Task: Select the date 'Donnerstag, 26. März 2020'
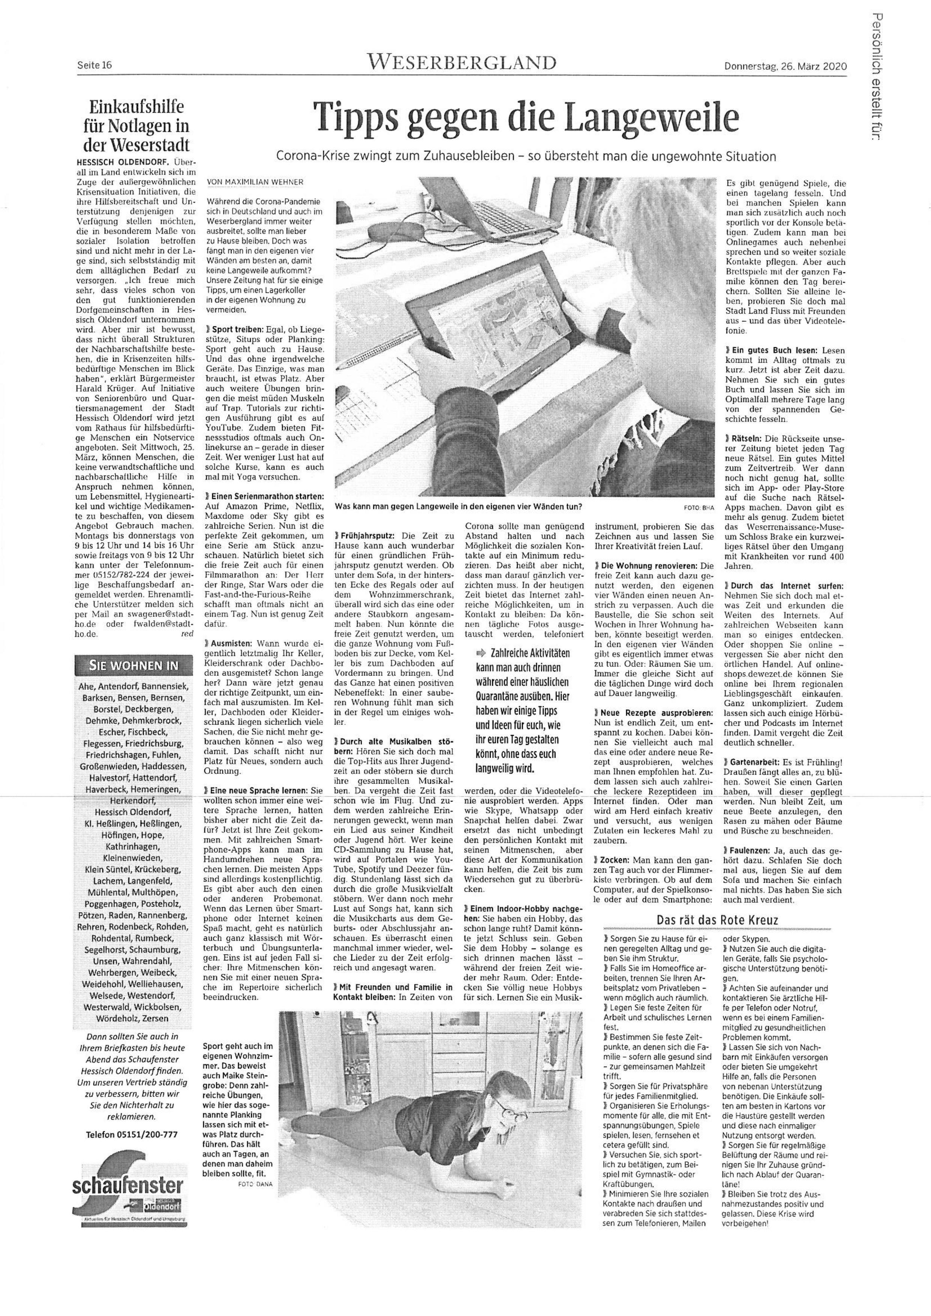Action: pos(785,66)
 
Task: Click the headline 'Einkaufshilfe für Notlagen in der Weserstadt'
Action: pos(136,125)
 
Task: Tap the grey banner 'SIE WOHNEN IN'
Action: pos(133,666)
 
